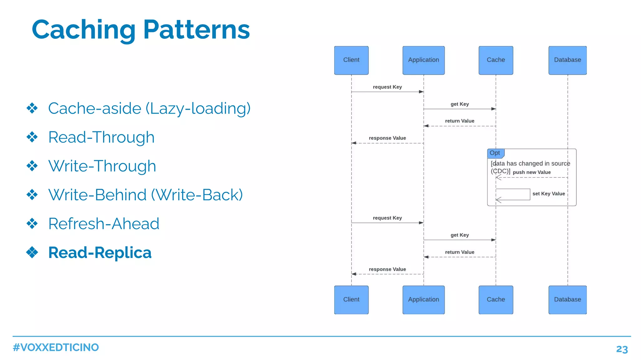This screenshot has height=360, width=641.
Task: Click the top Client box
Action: tap(351, 60)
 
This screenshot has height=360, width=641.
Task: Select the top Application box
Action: tap(423, 60)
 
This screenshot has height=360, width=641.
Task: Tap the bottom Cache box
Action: tap(496, 300)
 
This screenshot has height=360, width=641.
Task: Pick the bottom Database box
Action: tap(567, 300)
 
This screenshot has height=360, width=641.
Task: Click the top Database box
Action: tap(567, 60)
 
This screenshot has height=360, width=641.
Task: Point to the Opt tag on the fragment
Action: tap(495, 153)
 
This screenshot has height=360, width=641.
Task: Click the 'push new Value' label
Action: tap(532, 172)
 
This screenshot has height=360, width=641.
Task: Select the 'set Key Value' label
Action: tap(549, 194)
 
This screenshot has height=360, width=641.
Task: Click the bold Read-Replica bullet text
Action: tap(100, 253)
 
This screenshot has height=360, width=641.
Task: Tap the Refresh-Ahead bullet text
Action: tap(104, 224)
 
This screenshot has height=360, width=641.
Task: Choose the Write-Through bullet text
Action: tap(102, 166)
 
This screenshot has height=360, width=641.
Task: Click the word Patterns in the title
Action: tap(197, 30)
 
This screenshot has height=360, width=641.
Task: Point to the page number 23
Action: tap(622, 349)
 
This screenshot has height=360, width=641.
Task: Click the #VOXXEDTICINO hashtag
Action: tap(56, 347)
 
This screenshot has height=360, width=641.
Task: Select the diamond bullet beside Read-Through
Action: tap(32, 137)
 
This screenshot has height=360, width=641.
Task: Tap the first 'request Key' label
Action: tap(387, 87)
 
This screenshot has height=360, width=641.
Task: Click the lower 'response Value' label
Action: tap(387, 269)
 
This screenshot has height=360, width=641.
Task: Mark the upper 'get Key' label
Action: tap(459, 104)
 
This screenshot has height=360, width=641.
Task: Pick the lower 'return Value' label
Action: tap(459, 252)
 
